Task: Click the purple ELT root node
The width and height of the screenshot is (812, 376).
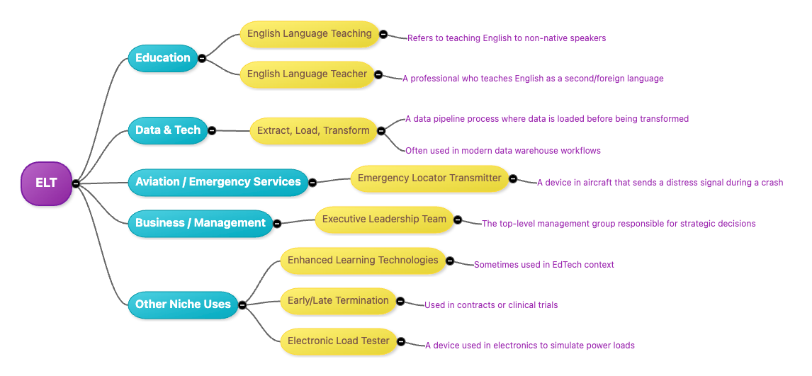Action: pyautogui.click(x=46, y=183)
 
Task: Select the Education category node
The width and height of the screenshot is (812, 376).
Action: pyautogui.click(x=162, y=58)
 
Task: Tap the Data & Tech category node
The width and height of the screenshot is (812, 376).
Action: pyautogui.click(x=167, y=130)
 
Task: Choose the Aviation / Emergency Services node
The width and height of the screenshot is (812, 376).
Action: pyautogui.click(x=218, y=182)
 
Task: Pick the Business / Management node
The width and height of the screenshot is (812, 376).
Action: pyautogui.click(x=200, y=223)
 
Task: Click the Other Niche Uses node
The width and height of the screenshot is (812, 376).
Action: pyautogui.click(x=183, y=304)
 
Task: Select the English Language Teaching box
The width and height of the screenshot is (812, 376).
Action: pyautogui.click(x=309, y=34)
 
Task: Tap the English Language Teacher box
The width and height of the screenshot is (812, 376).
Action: pyautogui.click(x=307, y=74)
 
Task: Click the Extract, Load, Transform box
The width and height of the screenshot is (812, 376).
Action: pyautogui.click(x=313, y=131)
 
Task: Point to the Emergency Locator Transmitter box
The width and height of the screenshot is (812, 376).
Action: pyautogui.click(x=429, y=178)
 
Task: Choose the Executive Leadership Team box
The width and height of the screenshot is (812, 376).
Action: pyautogui.click(x=384, y=220)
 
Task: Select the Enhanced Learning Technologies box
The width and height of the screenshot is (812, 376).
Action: pyautogui.click(x=363, y=261)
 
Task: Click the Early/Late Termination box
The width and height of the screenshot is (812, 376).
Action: pyautogui.click(x=338, y=301)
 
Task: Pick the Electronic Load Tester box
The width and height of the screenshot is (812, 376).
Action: pyautogui.click(x=338, y=341)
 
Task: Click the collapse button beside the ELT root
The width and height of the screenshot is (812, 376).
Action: pyautogui.click(x=75, y=183)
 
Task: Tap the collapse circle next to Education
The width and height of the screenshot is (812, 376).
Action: pyautogui.click(x=202, y=58)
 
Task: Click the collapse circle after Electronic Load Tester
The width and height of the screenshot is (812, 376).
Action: pyautogui.click(x=401, y=341)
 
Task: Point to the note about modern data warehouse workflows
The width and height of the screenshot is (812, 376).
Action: pyautogui.click(x=502, y=151)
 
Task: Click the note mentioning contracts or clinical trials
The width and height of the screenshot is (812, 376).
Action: pyautogui.click(x=490, y=305)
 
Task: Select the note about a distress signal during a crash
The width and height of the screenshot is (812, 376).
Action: pyautogui.click(x=659, y=183)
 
